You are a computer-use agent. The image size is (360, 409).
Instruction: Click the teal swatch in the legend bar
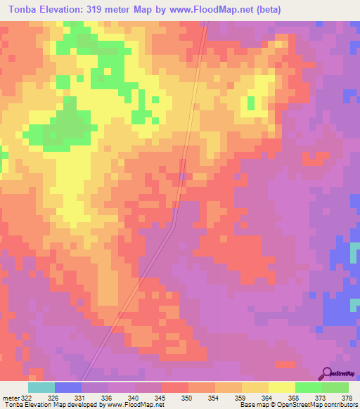pyautogui.click(x=41, y=387)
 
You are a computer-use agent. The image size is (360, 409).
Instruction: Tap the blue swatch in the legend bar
pyautogui.click(x=68, y=387)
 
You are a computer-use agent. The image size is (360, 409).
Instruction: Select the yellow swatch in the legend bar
pyautogui.click(x=282, y=387)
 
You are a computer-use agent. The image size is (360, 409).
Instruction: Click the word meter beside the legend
pyautogui.click(x=11, y=398)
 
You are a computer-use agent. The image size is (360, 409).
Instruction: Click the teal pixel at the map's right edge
pyautogui.click(x=356, y=302)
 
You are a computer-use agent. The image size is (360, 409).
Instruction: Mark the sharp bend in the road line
pyautogui.click(x=174, y=226)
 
